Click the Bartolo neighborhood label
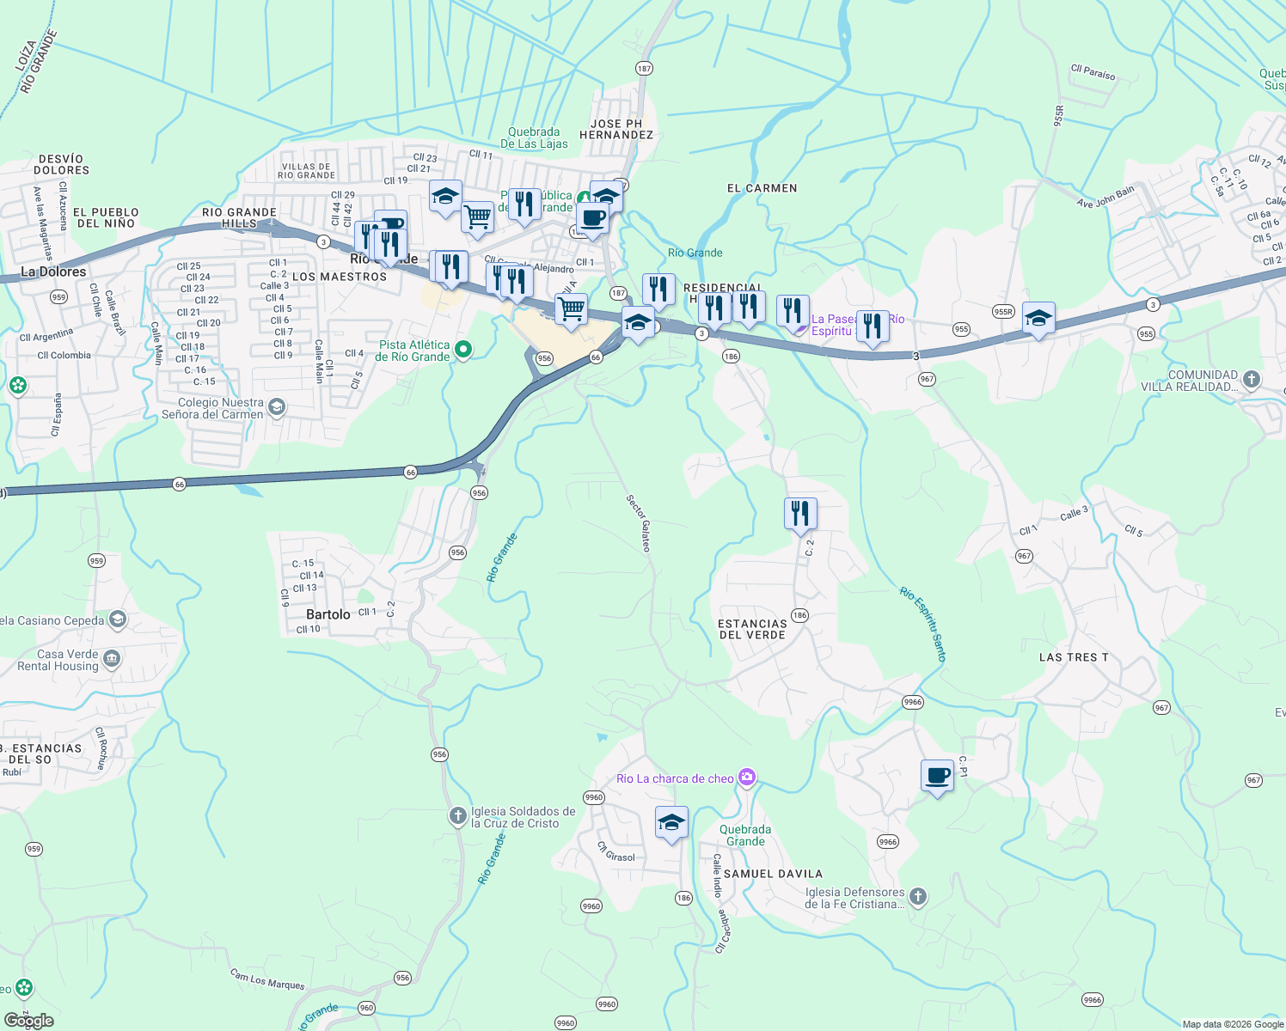(x=328, y=614)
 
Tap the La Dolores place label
(x=53, y=271)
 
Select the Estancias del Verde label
(x=752, y=629)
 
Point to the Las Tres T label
(x=1074, y=657)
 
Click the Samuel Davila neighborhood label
(x=773, y=874)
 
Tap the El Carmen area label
(x=762, y=188)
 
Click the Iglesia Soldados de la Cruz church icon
(x=458, y=816)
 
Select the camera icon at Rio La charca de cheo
(x=747, y=778)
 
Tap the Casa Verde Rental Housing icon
(x=112, y=659)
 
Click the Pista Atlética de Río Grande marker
(x=463, y=349)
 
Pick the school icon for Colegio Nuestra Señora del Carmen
(x=277, y=407)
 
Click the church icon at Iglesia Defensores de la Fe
(x=918, y=897)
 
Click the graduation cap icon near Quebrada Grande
(x=671, y=823)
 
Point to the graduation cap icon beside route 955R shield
(x=1038, y=319)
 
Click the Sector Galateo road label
(x=639, y=523)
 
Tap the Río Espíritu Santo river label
(x=924, y=624)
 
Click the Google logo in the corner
(x=28, y=1021)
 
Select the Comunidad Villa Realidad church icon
(x=1252, y=379)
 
